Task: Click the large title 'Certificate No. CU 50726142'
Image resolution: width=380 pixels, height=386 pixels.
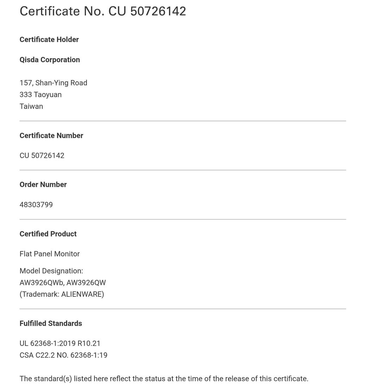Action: click(103, 11)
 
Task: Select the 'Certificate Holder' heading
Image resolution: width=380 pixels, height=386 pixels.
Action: click(49, 39)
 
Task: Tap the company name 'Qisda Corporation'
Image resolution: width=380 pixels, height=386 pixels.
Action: click(50, 60)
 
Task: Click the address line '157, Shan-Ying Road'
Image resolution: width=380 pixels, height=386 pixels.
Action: click(53, 83)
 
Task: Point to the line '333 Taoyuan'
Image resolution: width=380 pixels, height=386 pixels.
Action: click(40, 94)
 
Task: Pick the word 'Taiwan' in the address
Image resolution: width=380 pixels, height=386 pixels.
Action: click(31, 106)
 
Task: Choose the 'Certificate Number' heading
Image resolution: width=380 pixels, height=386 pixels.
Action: click(51, 135)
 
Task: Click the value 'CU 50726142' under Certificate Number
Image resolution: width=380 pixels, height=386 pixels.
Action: click(42, 155)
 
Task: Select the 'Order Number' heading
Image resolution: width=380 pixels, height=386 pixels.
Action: click(43, 184)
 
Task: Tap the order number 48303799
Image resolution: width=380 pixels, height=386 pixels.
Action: click(36, 204)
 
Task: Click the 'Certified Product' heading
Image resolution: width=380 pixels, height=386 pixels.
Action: click(48, 234)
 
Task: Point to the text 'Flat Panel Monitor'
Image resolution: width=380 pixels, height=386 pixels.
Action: click(50, 254)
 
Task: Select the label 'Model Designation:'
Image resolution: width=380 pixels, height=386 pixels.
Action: click(51, 271)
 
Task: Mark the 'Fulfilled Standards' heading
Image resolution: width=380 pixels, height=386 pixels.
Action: click(51, 323)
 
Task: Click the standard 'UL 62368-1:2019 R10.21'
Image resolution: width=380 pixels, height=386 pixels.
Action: click(60, 343)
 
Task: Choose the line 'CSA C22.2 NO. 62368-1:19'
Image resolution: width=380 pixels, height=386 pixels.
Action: click(63, 355)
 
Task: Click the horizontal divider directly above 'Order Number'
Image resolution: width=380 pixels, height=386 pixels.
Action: click(183, 170)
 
